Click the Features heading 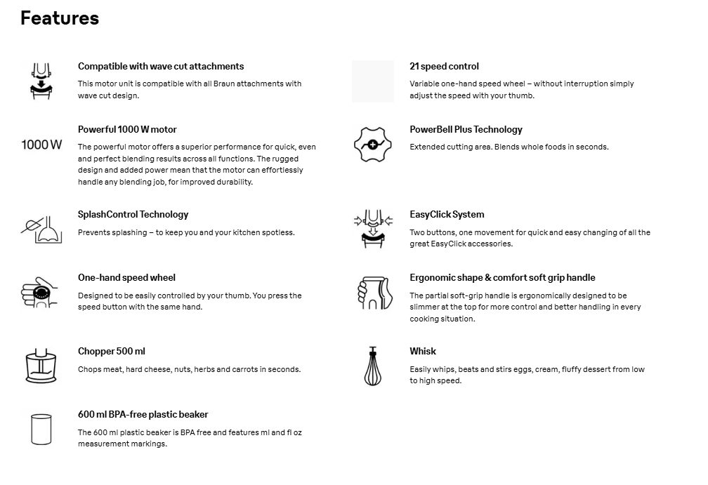point(60,18)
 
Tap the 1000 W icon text point(41,145)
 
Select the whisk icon point(372,366)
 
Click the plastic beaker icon point(41,429)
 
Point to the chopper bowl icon point(41,366)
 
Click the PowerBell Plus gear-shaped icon point(372,145)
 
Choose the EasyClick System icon point(372,229)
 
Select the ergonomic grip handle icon point(372,293)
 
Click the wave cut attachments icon point(41,81)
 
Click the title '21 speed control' point(444,67)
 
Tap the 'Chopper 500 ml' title point(112,352)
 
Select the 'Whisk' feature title point(423,352)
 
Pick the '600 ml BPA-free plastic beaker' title point(143,415)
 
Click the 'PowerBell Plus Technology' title point(466,130)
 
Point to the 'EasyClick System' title point(447,215)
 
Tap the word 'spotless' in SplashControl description point(277,233)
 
